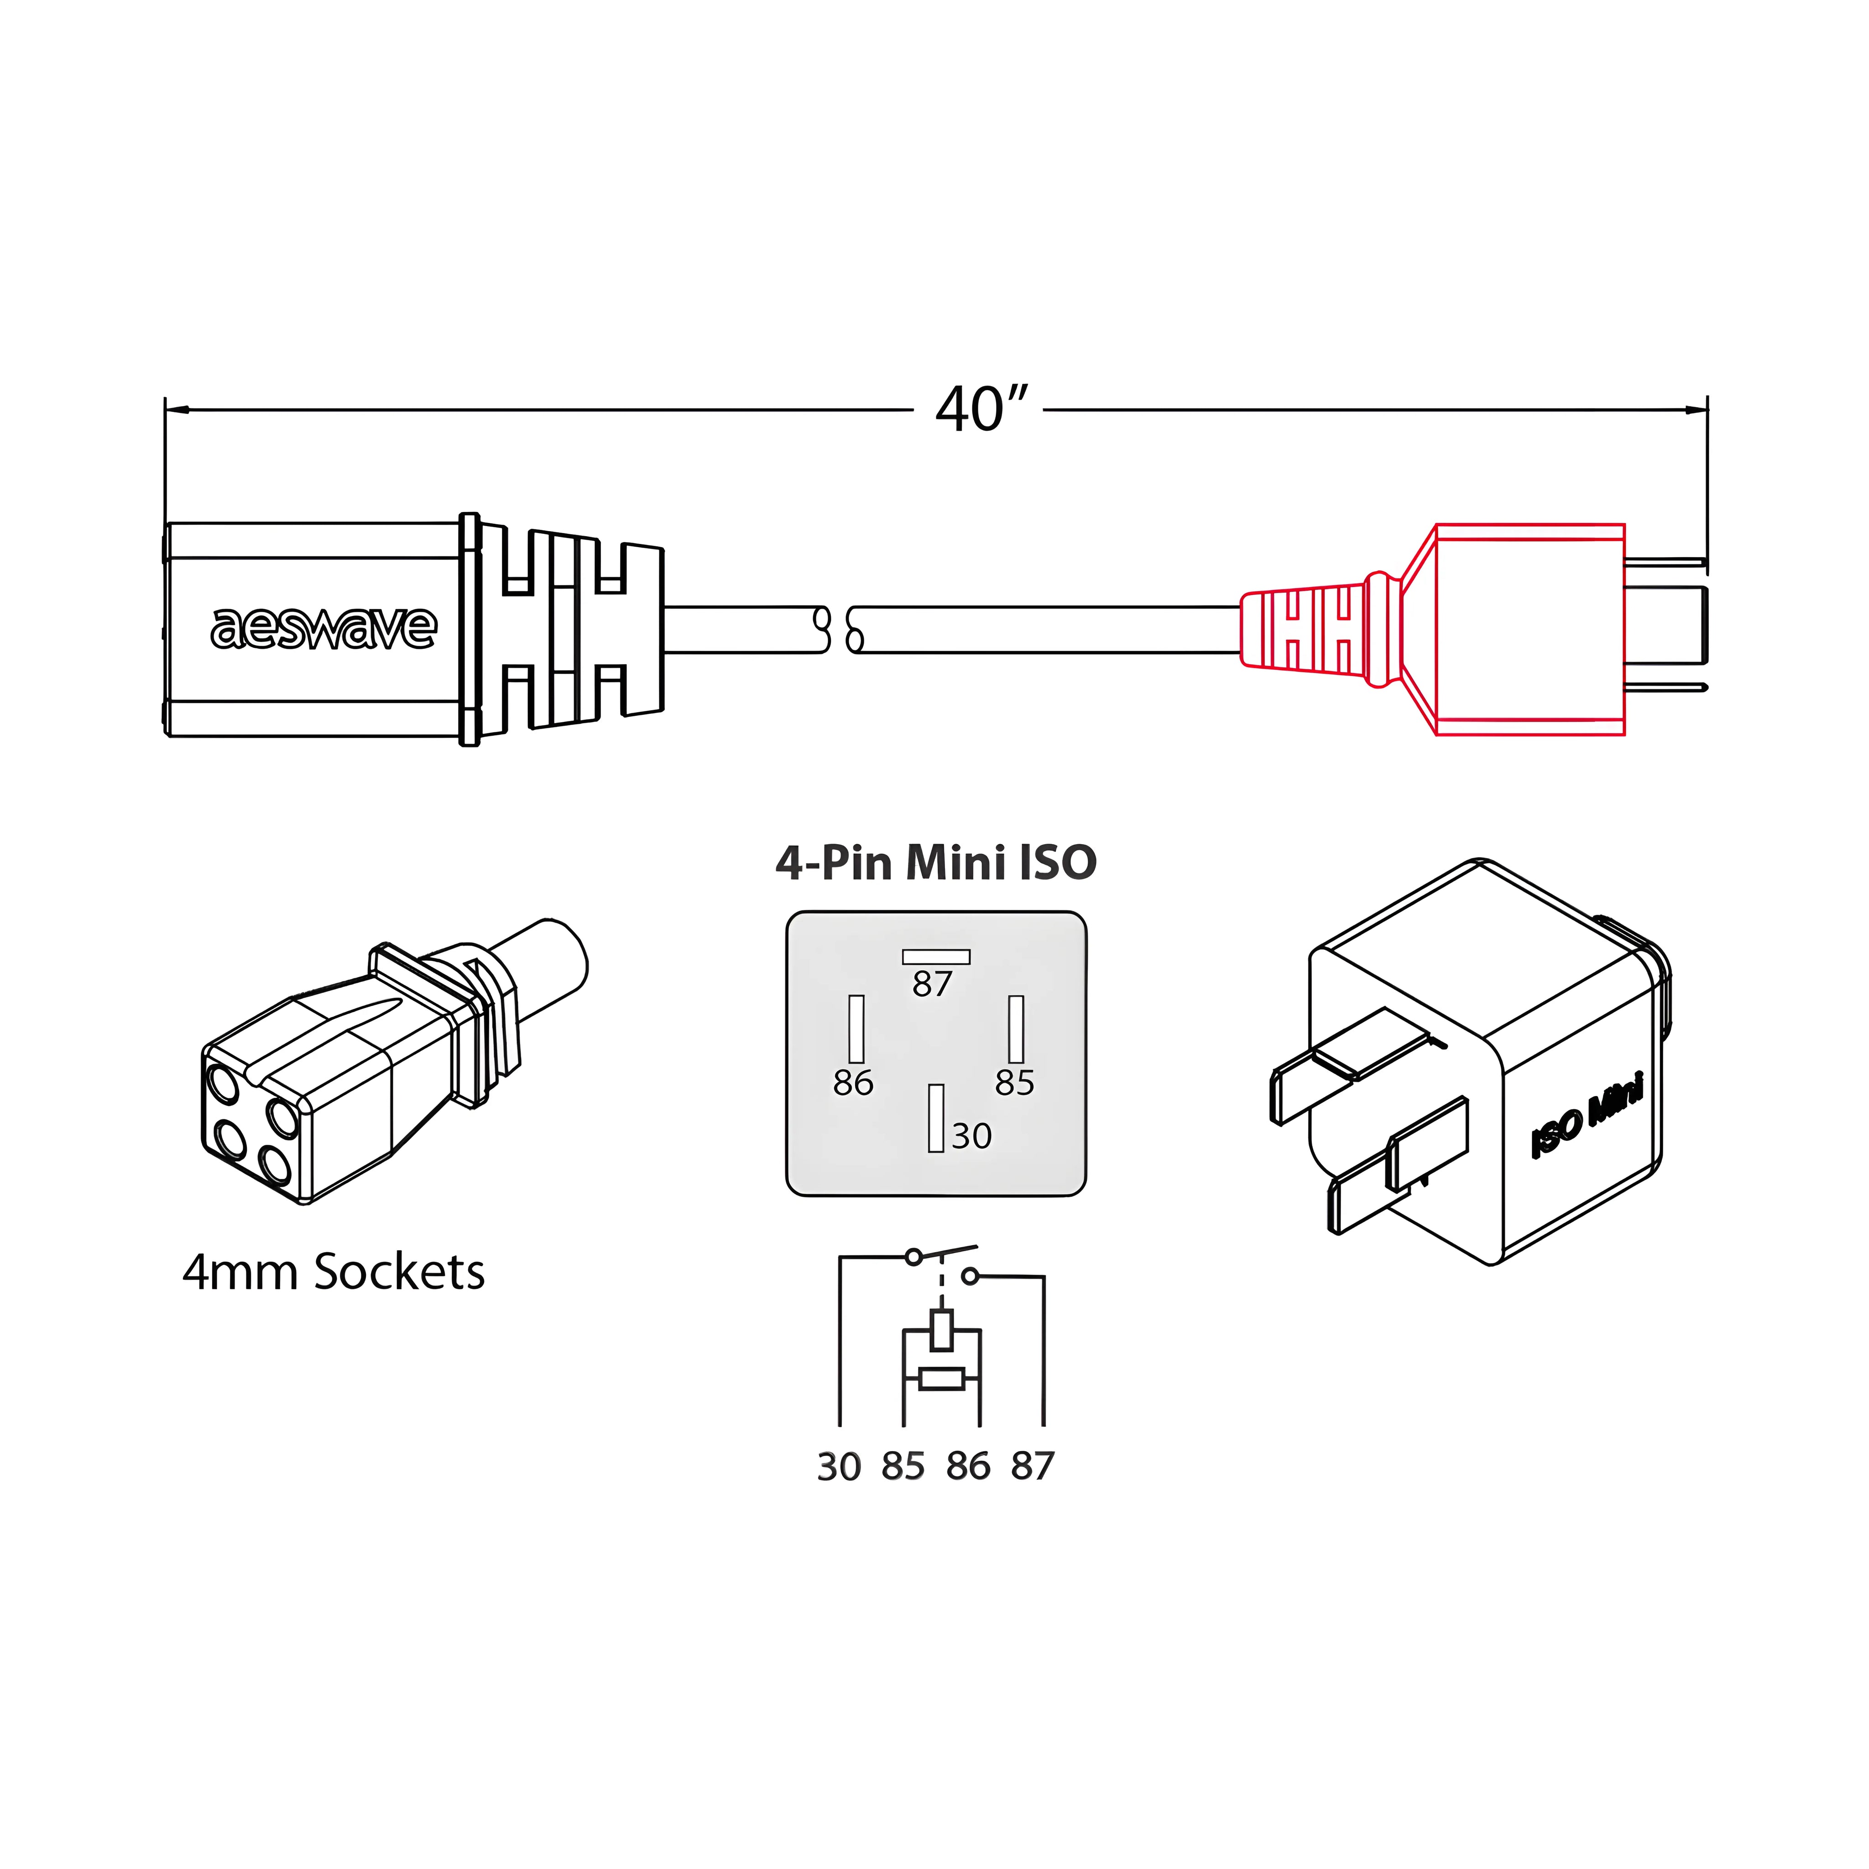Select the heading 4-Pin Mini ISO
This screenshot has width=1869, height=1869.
coord(935,862)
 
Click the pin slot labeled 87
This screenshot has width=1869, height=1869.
coord(935,957)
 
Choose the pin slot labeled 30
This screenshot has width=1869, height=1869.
coord(935,1118)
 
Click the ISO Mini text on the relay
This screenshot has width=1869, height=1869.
coord(1587,1117)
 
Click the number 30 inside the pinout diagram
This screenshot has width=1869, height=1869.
coord(971,1136)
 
